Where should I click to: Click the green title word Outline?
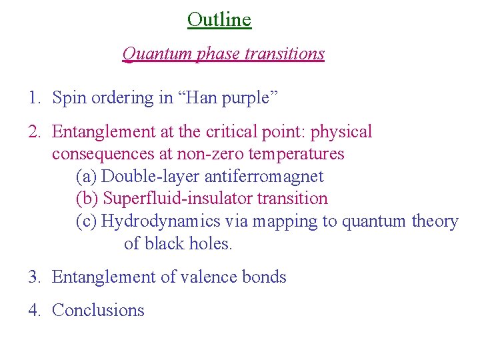coord(219,19)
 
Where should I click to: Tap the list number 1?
coord(34,98)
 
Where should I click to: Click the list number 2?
coord(34,132)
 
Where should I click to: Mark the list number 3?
coord(34,277)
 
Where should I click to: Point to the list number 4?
coord(34,311)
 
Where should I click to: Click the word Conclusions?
coord(98,311)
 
